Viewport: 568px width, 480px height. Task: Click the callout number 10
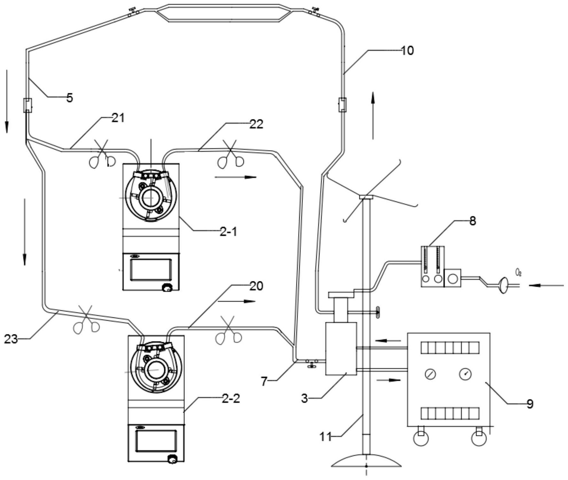click(x=407, y=51)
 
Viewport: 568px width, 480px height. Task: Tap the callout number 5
click(x=70, y=97)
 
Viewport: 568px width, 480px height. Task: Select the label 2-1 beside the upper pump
click(x=228, y=232)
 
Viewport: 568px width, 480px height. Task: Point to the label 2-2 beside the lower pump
click(x=231, y=398)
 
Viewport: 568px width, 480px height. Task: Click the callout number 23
click(x=11, y=339)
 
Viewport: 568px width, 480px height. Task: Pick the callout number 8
click(x=473, y=221)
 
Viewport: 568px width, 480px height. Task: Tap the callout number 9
click(x=530, y=404)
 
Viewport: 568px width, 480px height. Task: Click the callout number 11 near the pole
click(x=326, y=437)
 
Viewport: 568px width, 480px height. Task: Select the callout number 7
click(x=264, y=381)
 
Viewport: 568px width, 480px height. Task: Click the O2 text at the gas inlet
click(x=518, y=272)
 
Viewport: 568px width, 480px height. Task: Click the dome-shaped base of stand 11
click(x=366, y=461)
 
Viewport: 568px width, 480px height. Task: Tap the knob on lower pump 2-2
click(x=173, y=460)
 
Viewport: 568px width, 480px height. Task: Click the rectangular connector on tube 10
click(x=342, y=105)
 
